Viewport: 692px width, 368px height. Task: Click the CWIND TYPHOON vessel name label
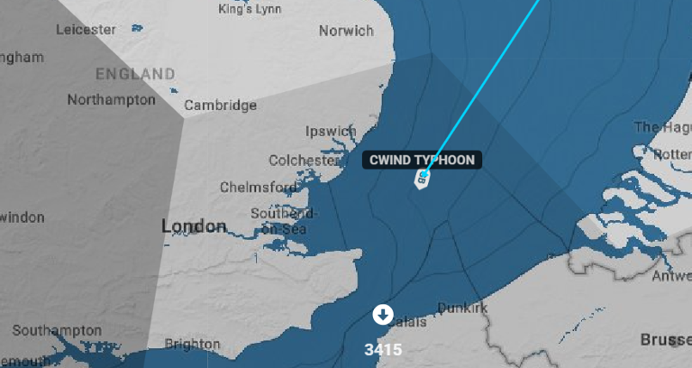coord(422,160)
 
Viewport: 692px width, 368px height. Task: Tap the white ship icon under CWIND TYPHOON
coord(422,179)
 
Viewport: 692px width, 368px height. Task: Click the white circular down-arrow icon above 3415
coord(383,314)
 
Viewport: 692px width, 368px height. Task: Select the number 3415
coord(383,349)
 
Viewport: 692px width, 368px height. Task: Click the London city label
coord(194,225)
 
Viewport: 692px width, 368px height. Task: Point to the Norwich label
coord(346,31)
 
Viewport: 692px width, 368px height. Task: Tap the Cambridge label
coord(221,106)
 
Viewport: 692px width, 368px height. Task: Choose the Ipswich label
coord(331,132)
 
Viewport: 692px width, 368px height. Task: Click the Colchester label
coord(304,161)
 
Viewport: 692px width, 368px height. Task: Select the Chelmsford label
coord(259,188)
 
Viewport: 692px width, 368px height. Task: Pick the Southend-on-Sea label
coord(283,221)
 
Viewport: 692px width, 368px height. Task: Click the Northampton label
coord(111,99)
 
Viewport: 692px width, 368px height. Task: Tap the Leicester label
coord(86,29)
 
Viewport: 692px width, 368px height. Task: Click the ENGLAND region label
coord(135,73)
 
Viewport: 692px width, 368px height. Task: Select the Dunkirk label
coord(462,308)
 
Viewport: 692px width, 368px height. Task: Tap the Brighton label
coord(193,344)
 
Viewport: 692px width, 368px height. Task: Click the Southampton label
coord(53,329)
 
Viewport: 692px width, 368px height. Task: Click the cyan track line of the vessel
coord(487,81)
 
